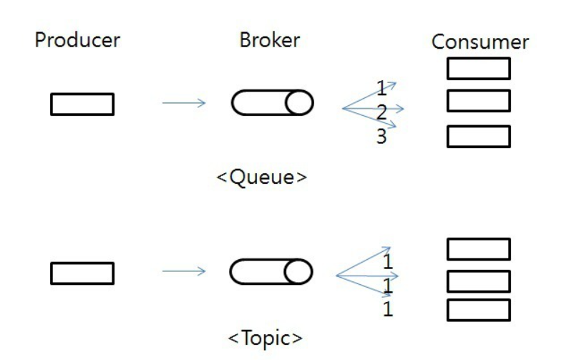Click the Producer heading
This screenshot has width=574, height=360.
[77, 40]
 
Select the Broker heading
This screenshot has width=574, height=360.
[269, 40]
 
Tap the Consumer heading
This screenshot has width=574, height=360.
[480, 42]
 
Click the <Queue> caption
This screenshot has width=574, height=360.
[262, 176]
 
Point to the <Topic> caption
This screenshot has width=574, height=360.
[265, 336]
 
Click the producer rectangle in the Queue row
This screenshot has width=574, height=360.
[82, 104]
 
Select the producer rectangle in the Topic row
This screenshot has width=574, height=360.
[82, 273]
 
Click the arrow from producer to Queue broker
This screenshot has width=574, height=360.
[184, 103]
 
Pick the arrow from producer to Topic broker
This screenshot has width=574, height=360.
[184, 271]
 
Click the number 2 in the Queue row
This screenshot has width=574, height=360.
[381, 112]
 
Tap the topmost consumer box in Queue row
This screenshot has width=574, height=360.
[478, 69]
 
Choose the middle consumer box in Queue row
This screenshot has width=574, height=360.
[478, 101]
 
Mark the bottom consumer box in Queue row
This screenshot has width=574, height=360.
[478, 137]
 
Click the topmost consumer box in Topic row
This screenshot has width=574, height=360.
[478, 249]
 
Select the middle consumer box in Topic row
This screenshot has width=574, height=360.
[478, 281]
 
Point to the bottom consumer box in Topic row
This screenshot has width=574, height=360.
[478, 310]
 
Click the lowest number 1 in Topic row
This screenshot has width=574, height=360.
[388, 310]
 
